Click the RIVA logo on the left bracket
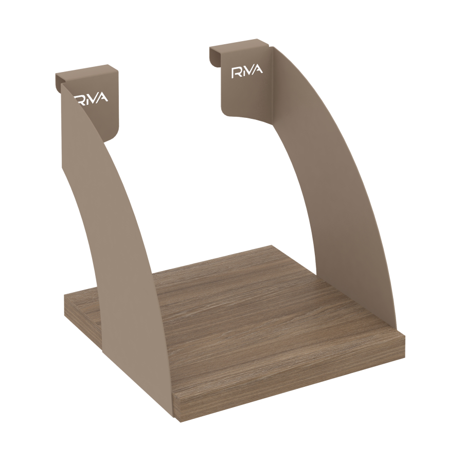click(x=91, y=98)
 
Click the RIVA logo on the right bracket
click(x=247, y=72)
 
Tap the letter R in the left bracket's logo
click(x=79, y=99)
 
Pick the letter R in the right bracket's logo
click(x=236, y=73)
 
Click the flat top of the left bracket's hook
click(x=87, y=71)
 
